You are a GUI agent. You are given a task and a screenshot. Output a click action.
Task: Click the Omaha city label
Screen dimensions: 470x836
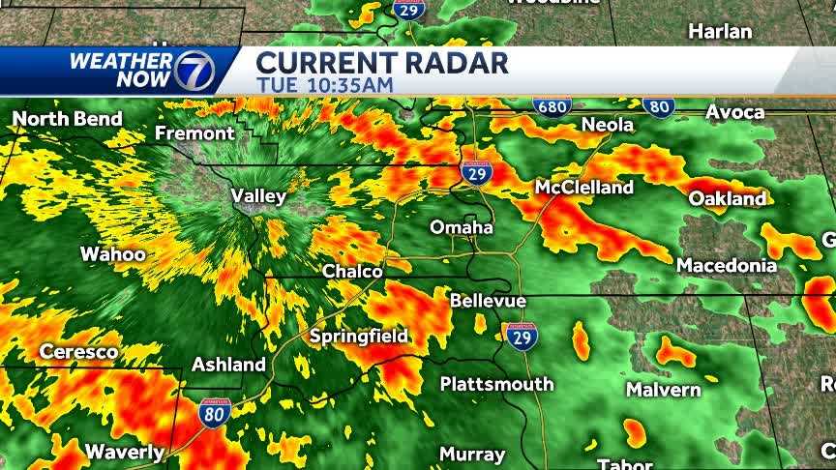point(462,228)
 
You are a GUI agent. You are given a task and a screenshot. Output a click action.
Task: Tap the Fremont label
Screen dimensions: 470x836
point(194,133)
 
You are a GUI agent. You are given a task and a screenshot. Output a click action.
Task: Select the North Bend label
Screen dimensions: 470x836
point(67,119)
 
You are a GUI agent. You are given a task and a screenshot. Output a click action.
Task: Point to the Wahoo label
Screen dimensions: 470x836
point(112,254)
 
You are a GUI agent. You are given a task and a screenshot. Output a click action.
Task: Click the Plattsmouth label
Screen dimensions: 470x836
point(496,384)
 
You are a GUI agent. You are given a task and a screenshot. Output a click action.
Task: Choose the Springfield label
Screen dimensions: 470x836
point(358,337)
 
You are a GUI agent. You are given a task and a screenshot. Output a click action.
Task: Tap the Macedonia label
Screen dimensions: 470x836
point(726,264)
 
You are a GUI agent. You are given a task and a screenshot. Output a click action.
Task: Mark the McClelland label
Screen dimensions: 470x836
point(585,187)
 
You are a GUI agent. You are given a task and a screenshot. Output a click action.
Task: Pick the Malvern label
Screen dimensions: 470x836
point(663,390)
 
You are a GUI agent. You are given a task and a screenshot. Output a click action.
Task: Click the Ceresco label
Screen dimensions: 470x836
point(78,352)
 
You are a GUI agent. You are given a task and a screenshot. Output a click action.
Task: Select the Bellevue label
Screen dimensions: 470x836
point(488,301)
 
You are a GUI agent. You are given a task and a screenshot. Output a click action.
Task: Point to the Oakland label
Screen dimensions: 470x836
point(728,198)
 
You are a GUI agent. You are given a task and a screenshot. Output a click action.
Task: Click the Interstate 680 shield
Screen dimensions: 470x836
point(552,104)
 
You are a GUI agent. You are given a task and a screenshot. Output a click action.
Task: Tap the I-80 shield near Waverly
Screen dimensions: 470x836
point(215,413)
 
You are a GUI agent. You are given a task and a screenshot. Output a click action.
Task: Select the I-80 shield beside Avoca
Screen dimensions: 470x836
point(658,105)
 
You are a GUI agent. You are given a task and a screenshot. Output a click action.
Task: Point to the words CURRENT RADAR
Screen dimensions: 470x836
point(381,63)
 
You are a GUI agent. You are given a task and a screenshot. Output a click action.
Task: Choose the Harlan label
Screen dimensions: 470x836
point(720,31)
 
